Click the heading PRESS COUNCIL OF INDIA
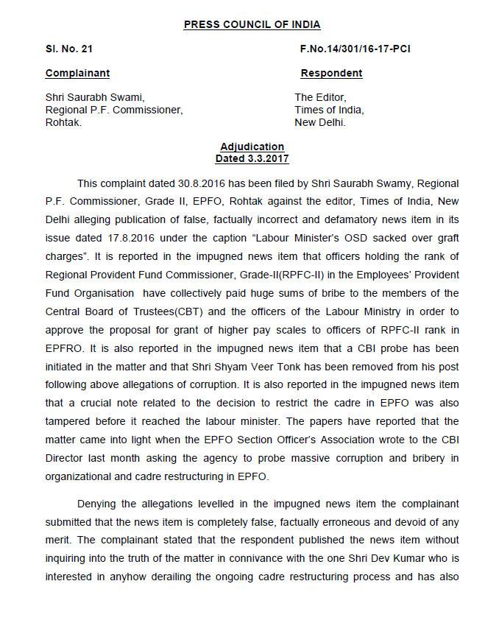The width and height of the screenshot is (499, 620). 252,24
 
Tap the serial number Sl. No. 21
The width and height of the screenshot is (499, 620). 68,49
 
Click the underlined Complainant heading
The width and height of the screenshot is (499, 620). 77,73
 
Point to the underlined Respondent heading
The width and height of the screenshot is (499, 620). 331,73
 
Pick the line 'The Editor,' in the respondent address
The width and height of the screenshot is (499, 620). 320,96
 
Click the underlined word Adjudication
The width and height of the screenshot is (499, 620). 252,147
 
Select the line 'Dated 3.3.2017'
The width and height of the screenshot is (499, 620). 252,158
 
